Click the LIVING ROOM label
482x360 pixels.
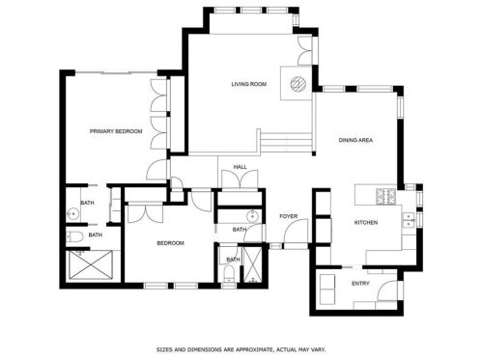[x=249, y=84]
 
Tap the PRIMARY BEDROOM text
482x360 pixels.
[x=116, y=131]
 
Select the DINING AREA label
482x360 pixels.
[x=355, y=140]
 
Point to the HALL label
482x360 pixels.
[x=241, y=167]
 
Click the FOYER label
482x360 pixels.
[x=289, y=216]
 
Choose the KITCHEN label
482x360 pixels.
[x=366, y=223]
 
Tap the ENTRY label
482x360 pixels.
[x=360, y=284]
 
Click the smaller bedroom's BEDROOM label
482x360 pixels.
[x=170, y=243]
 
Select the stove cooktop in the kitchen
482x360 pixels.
[x=386, y=196]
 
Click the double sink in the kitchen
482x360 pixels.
[x=408, y=220]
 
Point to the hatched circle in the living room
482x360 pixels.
[x=298, y=84]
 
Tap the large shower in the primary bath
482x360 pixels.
[x=91, y=264]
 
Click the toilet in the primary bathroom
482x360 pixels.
[x=74, y=237]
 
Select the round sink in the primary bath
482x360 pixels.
[x=73, y=213]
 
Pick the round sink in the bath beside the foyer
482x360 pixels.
[x=253, y=216]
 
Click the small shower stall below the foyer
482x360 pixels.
[x=252, y=264]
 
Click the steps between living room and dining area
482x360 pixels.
[x=286, y=143]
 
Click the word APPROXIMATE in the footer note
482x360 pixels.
[x=254, y=349]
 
